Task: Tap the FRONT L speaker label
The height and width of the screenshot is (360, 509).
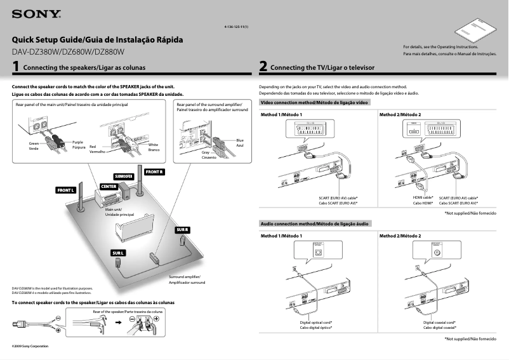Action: pyautogui.click(x=66, y=190)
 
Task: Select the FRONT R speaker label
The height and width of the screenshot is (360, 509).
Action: pyautogui.click(x=154, y=172)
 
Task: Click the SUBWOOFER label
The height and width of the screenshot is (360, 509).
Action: pyautogui.click(x=124, y=176)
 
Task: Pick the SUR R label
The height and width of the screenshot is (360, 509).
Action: pyautogui.click(x=183, y=229)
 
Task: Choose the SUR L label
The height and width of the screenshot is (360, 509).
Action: pyautogui.click(x=118, y=253)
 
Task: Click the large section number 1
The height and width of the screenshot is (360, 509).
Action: pyautogui.click(x=15, y=66)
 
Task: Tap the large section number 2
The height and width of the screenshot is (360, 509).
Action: pyautogui.click(x=263, y=66)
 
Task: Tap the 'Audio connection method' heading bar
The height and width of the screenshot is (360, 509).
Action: pyautogui.click(x=314, y=224)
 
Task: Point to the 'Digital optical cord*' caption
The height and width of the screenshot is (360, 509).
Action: pyautogui.click(x=316, y=323)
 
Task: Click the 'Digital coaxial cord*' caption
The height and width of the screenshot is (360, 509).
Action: pyautogui.click(x=439, y=323)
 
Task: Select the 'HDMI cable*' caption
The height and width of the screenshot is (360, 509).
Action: pyautogui.click(x=423, y=197)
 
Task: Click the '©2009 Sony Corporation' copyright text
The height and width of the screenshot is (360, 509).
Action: pyautogui.click(x=30, y=346)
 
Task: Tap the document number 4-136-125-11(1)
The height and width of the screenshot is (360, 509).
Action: pyautogui.click(x=236, y=27)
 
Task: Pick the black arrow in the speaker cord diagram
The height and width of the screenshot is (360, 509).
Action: pyautogui.click(x=117, y=323)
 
